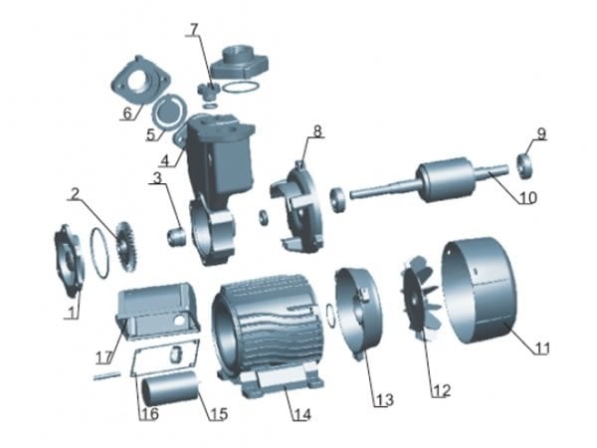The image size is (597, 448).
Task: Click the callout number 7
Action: tap(195, 29)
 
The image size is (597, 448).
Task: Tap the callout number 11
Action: tap(542, 347)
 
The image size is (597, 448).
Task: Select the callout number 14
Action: tap(302, 414)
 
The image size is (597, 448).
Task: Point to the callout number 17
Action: tap(103, 357)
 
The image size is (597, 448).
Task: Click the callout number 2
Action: tap(76, 194)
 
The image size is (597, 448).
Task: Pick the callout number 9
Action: tap(541, 133)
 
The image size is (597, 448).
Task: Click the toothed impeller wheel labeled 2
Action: tap(126, 247)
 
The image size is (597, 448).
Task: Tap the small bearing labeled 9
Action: tap(525, 165)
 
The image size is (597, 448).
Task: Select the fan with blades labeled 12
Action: tap(421, 299)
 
